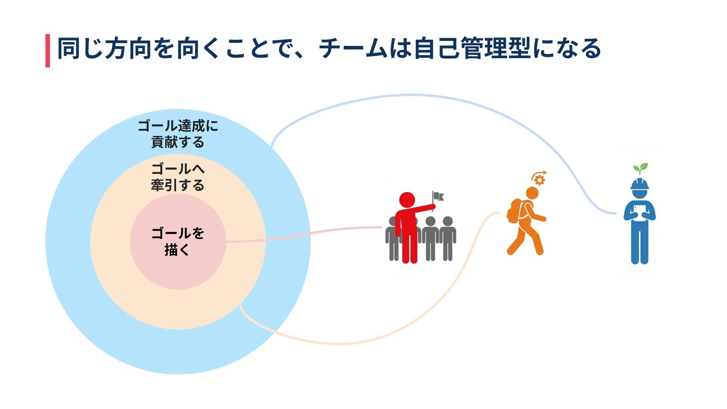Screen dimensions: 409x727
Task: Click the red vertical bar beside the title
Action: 48,51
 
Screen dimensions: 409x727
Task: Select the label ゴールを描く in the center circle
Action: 178,241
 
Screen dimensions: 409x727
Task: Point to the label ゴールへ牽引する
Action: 178,177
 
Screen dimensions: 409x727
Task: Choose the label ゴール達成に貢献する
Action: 178,134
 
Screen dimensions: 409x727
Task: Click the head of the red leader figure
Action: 407,200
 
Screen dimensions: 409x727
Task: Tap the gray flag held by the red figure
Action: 438,196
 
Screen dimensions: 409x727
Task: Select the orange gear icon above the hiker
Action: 540,180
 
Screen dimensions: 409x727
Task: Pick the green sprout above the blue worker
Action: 641,168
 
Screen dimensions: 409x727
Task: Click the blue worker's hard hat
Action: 640,184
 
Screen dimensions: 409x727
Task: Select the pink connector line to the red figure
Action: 303,233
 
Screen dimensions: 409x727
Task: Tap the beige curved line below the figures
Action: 341,343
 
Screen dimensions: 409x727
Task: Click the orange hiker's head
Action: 532,193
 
